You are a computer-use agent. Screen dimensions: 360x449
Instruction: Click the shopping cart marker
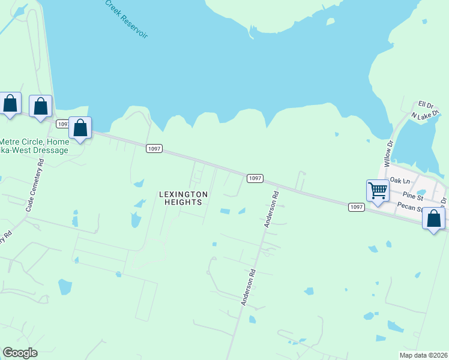click(377, 191)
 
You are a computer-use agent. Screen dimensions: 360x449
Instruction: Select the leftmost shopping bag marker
click(10, 103)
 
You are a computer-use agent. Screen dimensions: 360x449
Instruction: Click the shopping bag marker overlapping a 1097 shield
click(80, 128)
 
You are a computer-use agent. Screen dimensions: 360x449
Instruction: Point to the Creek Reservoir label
click(126, 19)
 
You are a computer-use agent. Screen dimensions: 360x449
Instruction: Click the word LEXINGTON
click(183, 194)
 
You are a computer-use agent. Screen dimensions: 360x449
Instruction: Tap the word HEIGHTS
click(183, 202)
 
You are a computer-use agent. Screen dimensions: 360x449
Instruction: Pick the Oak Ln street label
click(399, 180)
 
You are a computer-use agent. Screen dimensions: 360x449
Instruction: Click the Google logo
click(20, 353)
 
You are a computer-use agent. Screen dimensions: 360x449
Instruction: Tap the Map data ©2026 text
click(424, 355)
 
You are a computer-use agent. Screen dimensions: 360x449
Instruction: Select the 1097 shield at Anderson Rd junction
click(255, 178)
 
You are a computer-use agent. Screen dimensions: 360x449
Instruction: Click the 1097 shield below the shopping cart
click(356, 207)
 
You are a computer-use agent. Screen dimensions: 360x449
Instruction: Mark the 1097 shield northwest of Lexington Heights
click(154, 148)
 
